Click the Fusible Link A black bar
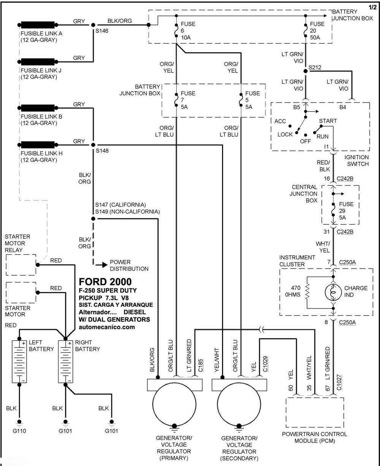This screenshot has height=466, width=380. pyautogui.click(x=38, y=25)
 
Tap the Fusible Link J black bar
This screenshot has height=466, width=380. pyautogui.click(x=38, y=62)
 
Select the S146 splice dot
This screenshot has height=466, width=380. pyautogui.click(x=93, y=25)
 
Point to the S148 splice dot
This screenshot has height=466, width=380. pyautogui.click(x=93, y=145)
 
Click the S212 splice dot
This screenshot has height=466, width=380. pyautogui.click(x=306, y=71)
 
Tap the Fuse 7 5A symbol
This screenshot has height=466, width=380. pyautogui.click(x=176, y=100)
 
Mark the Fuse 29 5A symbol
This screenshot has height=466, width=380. pyautogui.click(x=333, y=210)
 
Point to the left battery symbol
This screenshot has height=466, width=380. pyautogui.click(x=19, y=362)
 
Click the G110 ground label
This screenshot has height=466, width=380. pyautogui.click(x=19, y=431)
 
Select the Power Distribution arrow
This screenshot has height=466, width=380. pyautogui.click(x=101, y=265)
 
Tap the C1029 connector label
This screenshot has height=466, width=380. pyautogui.click(x=265, y=364)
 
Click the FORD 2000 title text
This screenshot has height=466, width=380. pyautogui.click(x=105, y=282)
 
